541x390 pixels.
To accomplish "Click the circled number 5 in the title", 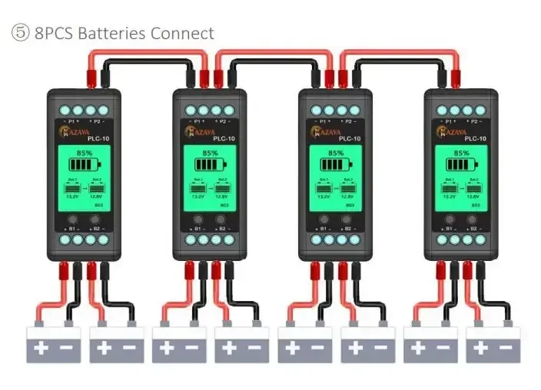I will click(x=19, y=34).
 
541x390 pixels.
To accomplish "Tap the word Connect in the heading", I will click(x=182, y=34).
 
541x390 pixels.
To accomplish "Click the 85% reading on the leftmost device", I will click(x=85, y=153).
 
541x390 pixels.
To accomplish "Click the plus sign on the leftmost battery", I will click(x=41, y=347).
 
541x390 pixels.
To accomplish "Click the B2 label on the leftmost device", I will click(x=98, y=229).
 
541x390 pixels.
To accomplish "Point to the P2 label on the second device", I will click(x=221, y=121).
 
